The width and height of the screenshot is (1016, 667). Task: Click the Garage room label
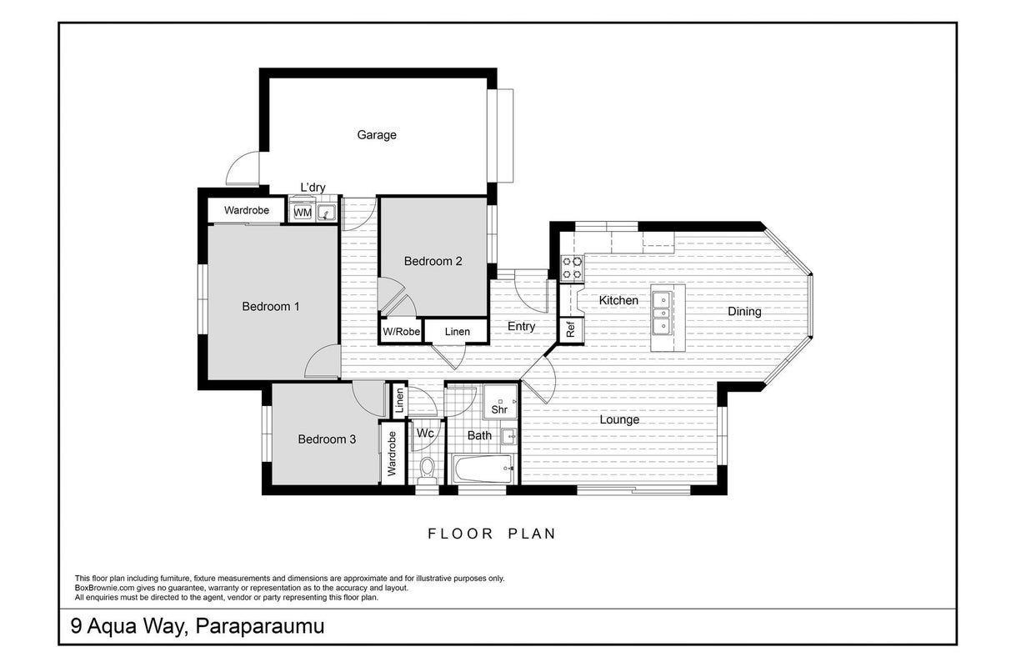coord(377,135)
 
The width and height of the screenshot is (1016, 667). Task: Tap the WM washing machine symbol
coord(303,213)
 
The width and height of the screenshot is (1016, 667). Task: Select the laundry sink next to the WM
coord(326,213)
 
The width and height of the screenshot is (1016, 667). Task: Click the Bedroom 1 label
coord(271,306)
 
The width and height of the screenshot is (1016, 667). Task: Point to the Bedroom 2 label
coord(433,261)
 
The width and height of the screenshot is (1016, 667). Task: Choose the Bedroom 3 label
coord(327,439)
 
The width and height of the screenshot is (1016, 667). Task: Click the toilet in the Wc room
coord(427,470)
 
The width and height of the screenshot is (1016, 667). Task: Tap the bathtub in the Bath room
coord(484,469)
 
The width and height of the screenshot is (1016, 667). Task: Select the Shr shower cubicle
coord(500,402)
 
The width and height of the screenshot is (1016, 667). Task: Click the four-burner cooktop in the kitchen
coord(572,268)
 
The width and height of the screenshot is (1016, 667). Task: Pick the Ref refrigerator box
coord(572,330)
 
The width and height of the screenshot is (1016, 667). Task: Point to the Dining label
coord(744,311)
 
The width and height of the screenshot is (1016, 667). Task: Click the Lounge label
coord(619,419)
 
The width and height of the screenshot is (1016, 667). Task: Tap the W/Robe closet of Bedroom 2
coord(401,331)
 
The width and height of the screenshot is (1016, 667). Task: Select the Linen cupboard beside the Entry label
coord(457,331)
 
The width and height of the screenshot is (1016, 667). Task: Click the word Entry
coord(521,326)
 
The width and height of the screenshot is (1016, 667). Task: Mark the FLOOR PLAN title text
coord(492,534)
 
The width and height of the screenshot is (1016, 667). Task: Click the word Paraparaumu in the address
coord(260,626)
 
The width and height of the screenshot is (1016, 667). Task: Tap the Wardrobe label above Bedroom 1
coord(246,210)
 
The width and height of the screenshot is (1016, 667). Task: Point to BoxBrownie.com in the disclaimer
coord(104,588)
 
